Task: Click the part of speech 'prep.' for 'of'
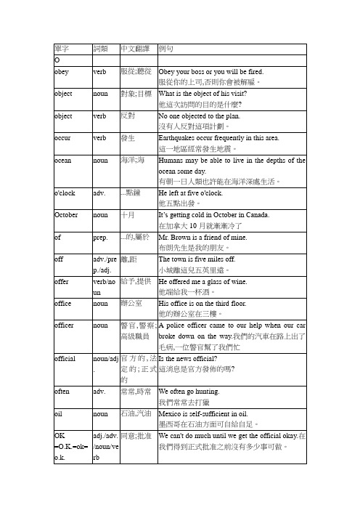(x=100, y=236)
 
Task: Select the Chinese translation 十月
(x=127, y=214)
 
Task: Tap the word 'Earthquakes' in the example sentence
(x=178, y=136)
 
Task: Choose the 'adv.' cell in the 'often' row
(x=100, y=390)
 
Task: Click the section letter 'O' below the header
(x=58, y=59)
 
